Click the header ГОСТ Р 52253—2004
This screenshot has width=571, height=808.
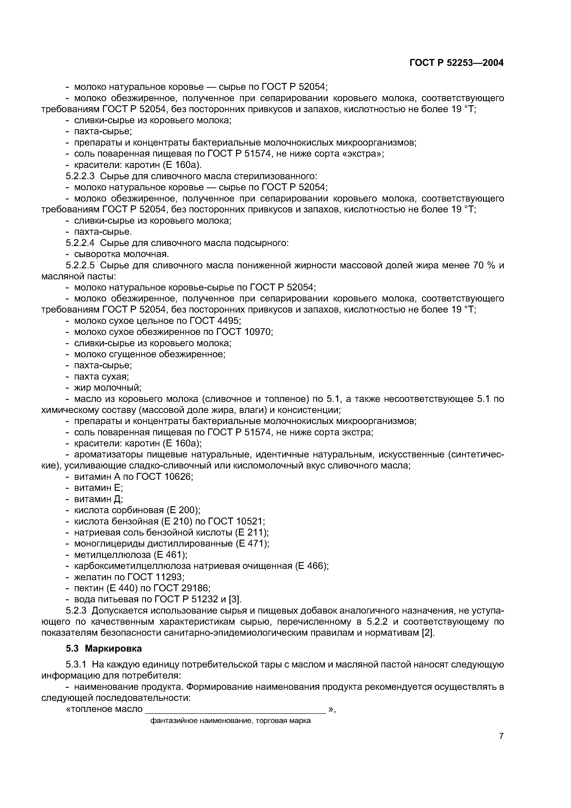[x=456, y=63]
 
